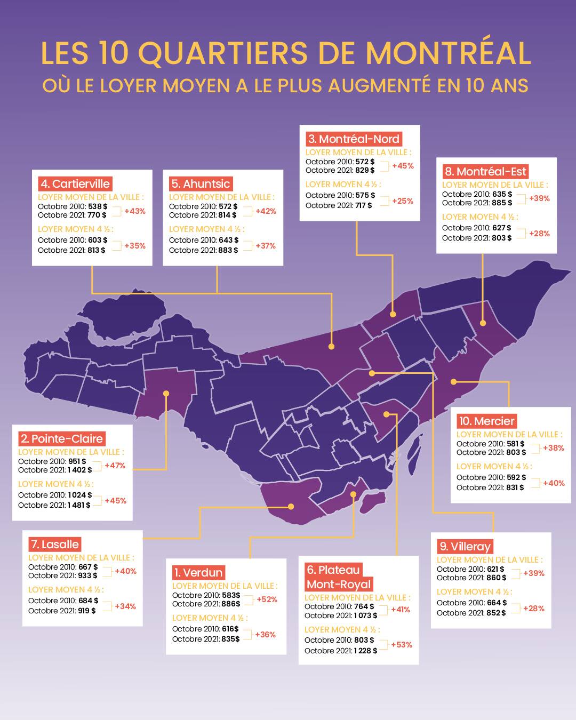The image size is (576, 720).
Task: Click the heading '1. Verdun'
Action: pyautogui.click(x=198, y=573)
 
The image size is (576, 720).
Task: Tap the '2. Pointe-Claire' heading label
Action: pyautogui.click(x=61, y=439)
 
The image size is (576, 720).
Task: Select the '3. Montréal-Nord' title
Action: pyautogui.click(x=354, y=139)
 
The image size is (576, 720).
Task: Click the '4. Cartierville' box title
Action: pyautogui.click(x=75, y=184)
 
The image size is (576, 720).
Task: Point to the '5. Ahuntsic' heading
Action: pyautogui.click(x=201, y=184)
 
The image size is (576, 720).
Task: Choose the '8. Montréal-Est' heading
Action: pyautogui.click(x=485, y=172)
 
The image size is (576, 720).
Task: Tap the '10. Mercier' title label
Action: pyautogui.click(x=487, y=421)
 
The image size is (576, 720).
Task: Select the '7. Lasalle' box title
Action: pyautogui.click(x=55, y=545)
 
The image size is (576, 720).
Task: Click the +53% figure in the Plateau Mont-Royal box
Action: pyautogui.click(x=402, y=645)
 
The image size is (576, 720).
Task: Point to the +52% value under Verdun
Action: pyautogui.click(x=267, y=599)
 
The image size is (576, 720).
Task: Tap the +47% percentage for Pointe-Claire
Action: pyautogui.click(x=115, y=466)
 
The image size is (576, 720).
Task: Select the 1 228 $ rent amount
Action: pyautogui.click(x=365, y=651)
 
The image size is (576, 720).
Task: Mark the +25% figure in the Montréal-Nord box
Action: pyautogui.click(x=403, y=201)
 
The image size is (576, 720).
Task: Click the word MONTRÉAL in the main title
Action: pyautogui.click(x=448, y=53)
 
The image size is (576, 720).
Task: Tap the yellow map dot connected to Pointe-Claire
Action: pyautogui.click(x=166, y=393)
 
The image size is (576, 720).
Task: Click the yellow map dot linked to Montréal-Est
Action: pyautogui.click(x=483, y=323)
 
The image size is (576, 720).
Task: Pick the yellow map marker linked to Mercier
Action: pyautogui.click(x=453, y=381)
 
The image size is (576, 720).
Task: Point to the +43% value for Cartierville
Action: pyautogui.click(x=135, y=211)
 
